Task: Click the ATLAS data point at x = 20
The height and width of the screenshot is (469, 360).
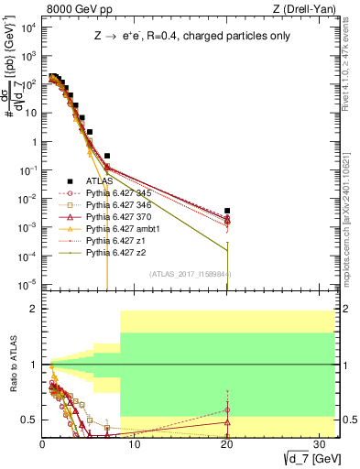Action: coord(226,211)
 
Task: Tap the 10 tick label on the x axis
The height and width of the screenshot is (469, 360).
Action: coord(134,443)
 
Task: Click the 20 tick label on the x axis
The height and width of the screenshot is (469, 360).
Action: coord(225,443)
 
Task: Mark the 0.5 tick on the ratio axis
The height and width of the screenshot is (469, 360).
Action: coord(32,420)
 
